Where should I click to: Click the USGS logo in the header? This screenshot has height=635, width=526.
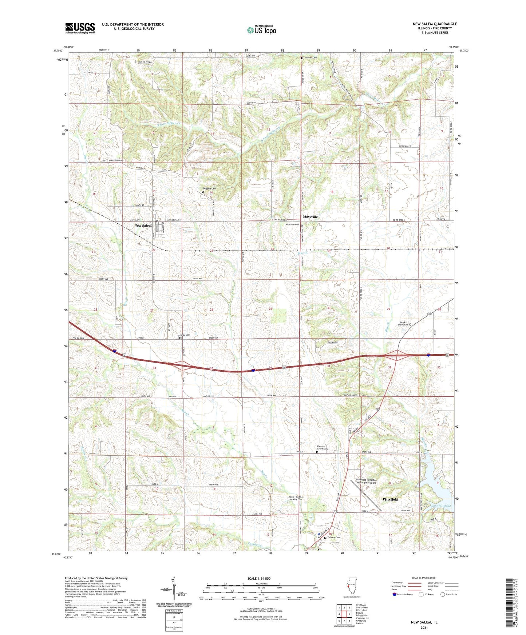point(80,28)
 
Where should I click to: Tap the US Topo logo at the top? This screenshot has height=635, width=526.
point(261,30)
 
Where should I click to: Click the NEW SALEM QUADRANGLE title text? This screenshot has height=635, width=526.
point(435,24)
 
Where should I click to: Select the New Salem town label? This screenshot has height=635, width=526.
point(143,226)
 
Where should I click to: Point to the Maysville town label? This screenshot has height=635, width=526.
point(310,217)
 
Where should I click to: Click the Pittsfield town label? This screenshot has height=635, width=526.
point(390,500)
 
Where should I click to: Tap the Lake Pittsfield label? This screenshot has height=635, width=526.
point(441,506)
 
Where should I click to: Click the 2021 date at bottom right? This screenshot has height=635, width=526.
point(424,627)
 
